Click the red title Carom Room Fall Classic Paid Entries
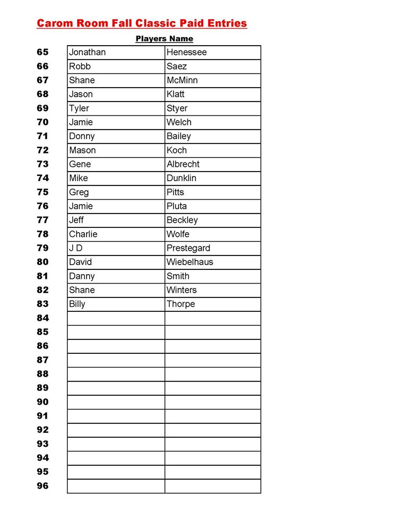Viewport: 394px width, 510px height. click(x=142, y=23)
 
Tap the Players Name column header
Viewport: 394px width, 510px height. click(x=164, y=39)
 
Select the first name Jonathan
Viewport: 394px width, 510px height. click(x=87, y=52)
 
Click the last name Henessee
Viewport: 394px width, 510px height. click(x=186, y=52)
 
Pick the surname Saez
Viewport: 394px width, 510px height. click(x=177, y=66)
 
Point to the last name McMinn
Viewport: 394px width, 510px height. click(x=182, y=80)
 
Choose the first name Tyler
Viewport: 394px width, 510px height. click(x=79, y=108)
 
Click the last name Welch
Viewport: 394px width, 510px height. click(x=179, y=122)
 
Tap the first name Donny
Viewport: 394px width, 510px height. click(x=82, y=136)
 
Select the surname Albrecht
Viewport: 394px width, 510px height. click(x=183, y=164)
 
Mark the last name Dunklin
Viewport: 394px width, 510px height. click(x=181, y=178)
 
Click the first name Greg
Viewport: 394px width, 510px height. click(x=79, y=192)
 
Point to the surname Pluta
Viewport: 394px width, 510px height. click(x=177, y=206)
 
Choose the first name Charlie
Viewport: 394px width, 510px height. click(x=83, y=234)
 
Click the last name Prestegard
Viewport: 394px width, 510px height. click(x=189, y=248)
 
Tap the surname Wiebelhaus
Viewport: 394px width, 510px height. click(x=190, y=262)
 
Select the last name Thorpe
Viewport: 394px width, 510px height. click(x=181, y=304)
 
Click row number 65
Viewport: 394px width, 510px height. click(x=42, y=52)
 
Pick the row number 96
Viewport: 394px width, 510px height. click(x=42, y=486)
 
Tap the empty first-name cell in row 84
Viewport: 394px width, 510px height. click(x=116, y=318)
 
